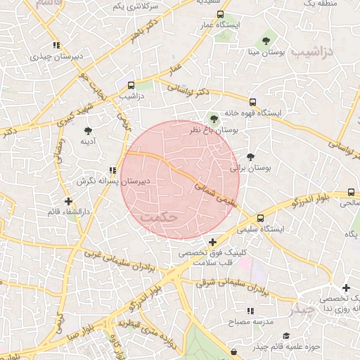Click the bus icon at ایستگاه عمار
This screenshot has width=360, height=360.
(221, 14)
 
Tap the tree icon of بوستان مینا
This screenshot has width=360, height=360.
(266, 40)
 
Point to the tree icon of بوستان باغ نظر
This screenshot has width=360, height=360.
(214, 119)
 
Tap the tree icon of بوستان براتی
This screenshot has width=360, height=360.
(251, 156)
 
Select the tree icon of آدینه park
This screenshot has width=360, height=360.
(88, 131)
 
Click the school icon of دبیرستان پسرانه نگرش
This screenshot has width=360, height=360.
(112, 170)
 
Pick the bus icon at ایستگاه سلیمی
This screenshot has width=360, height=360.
(261, 218)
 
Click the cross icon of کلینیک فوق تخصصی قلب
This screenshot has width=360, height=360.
(213, 242)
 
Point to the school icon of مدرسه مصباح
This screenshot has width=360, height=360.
(250, 310)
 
